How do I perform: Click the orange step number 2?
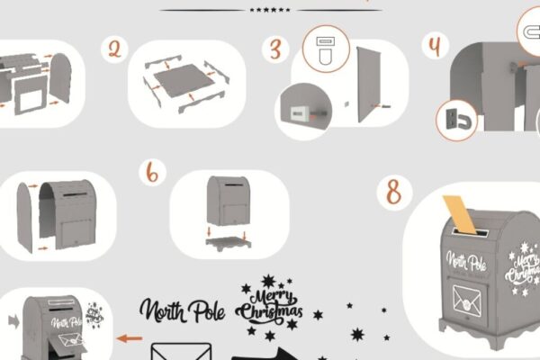click(x=114, y=49)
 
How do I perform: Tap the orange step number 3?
click(x=275, y=49)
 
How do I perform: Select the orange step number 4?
click(x=435, y=46)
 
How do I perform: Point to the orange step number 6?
click(x=152, y=172)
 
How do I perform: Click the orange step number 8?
click(x=394, y=193)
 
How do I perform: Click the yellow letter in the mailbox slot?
click(x=459, y=214)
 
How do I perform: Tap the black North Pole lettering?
click(x=182, y=310)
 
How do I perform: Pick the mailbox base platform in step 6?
click(x=229, y=242)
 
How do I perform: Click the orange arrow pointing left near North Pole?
click(x=130, y=338)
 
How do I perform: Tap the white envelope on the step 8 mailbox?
click(x=467, y=300)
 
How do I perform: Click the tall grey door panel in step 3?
click(x=368, y=85)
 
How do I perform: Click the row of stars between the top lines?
click(x=270, y=10)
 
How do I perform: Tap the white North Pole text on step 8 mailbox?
click(x=466, y=261)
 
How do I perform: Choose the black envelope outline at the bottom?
click(x=181, y=351)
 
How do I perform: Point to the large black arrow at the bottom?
click(x=265, y=354)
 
